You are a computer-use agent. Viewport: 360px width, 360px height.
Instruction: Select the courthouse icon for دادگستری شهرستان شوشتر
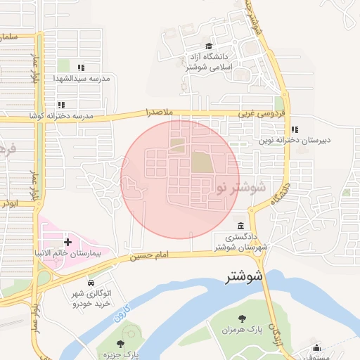pyautogui.click(x=241, y=226)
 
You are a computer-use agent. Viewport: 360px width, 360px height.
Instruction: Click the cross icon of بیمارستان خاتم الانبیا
pyautogui.click(x=67, y=241)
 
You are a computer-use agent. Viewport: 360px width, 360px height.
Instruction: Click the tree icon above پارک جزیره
pyautogui.click(x=120, y=344)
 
